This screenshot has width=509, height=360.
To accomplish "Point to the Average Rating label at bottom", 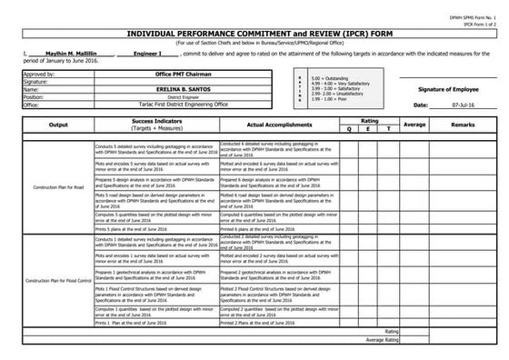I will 382,340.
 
